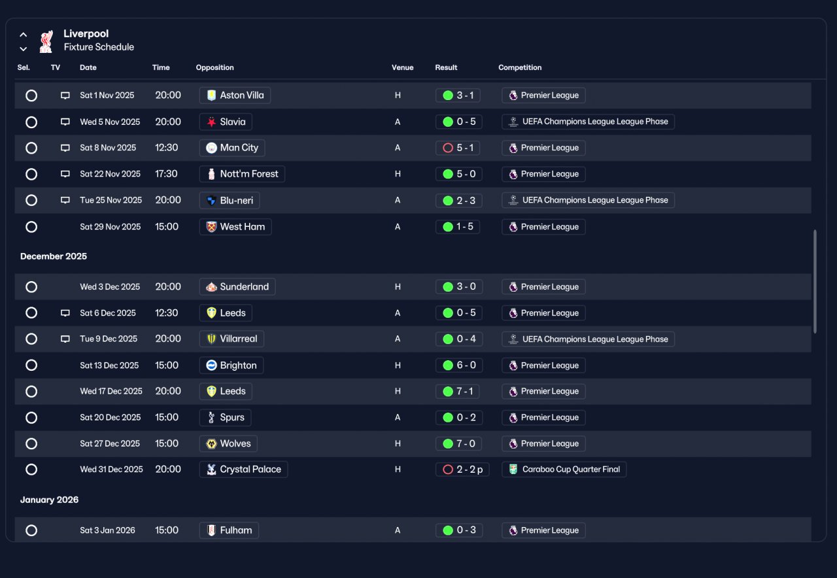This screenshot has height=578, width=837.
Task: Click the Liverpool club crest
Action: tap(46, 41)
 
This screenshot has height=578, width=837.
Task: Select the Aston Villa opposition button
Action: tap(235, 95)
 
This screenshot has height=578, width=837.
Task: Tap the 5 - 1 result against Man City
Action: tap(458, 148)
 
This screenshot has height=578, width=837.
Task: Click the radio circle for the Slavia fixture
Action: tap(31, 122)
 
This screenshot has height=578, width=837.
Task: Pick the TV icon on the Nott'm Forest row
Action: tap(65, 174)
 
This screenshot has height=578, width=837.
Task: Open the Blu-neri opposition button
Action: tap(230, 200)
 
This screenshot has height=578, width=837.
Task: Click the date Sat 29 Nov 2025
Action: tap(111, 227)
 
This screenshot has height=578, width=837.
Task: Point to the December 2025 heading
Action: tap(54, 256)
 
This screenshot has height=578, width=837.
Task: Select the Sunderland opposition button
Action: tap(237, 287)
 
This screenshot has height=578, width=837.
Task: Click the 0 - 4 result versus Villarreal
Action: tap(459, 339)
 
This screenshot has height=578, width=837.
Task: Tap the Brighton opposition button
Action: tap(231, 365)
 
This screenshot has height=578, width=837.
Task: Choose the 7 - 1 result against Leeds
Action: tap(458, 392)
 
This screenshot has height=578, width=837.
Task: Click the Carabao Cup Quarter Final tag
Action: tap(564, 469)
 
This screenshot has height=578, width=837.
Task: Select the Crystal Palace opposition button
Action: tap(244, 469)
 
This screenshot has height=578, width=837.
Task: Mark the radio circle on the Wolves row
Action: tap(31, 444)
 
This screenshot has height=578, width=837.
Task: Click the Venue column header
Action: tap(402, 67)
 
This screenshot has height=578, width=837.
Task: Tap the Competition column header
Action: tap(520, 67)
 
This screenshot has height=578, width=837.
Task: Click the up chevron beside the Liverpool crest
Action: tap(23, 35)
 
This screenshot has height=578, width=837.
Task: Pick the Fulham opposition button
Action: tap(229, 530)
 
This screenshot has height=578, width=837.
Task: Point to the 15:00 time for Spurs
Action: tap(167, 418)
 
